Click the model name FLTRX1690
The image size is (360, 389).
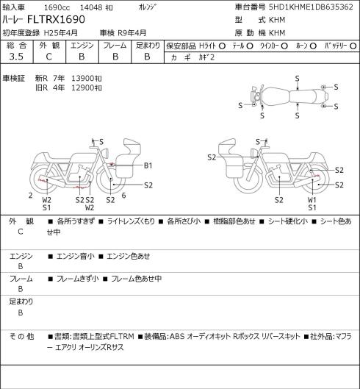(56, 20)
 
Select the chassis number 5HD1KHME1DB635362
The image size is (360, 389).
(311, 7)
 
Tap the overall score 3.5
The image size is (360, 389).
(16, 57)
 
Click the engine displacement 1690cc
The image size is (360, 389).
(57, 7)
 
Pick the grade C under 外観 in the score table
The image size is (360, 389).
(48, 57)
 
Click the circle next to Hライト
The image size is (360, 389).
(222, 46)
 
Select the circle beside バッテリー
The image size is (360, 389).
(353, 46)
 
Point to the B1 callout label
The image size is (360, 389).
(148, 165)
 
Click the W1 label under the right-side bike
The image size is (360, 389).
(312, 200)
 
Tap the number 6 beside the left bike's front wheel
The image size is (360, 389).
(123, 196)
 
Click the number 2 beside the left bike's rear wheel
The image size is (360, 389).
(31, 196)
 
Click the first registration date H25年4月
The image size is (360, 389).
(61, 33)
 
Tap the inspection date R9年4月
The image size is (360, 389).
(132, 33)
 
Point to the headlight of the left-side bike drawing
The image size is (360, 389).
(106, 153)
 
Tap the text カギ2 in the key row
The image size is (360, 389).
(206, 57)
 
